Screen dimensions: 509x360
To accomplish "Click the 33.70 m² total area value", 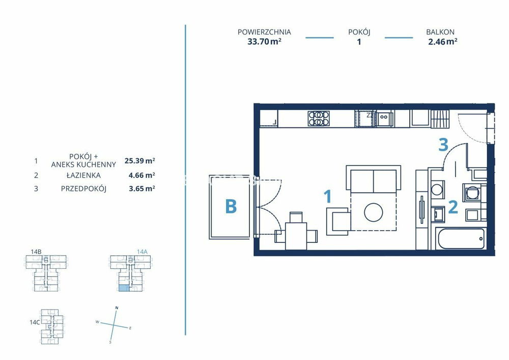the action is (264, 42).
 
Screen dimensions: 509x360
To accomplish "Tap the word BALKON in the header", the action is (440, 32).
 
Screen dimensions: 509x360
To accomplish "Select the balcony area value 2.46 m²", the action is (443, 42).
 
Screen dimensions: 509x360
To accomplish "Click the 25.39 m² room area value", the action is (139, 161).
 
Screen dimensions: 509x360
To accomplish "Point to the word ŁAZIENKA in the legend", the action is (83, 175).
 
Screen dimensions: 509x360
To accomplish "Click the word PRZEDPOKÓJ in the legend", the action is (84, 188).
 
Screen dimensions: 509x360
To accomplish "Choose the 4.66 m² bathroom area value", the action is (142, 175).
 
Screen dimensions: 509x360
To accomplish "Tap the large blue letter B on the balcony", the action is (231, 206).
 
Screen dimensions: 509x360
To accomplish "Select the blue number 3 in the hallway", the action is (443, 145).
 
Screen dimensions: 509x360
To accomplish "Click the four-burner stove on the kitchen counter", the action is (319, 119).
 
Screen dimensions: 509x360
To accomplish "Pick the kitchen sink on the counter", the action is (384, 119).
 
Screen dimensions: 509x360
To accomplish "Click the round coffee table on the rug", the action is (373, 212).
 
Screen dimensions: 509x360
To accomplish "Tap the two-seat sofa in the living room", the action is (373, 179).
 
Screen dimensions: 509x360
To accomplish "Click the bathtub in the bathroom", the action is (461, 239).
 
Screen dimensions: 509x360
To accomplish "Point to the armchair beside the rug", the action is (338, 221).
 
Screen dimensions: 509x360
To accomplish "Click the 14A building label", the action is (142, 252).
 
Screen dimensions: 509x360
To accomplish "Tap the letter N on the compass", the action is (117, 308).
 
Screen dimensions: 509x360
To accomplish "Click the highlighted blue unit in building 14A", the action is (123, 288).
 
